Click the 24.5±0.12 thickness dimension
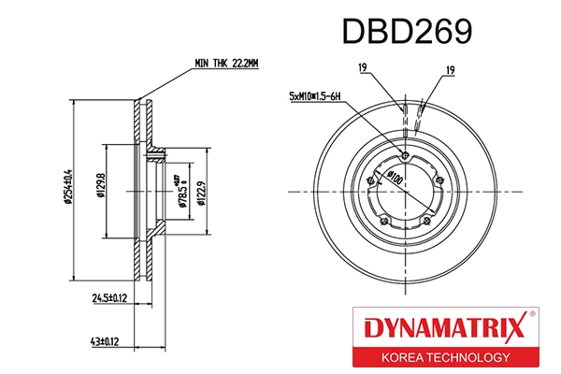111,299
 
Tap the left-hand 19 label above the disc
361,68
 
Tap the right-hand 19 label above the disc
450,70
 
